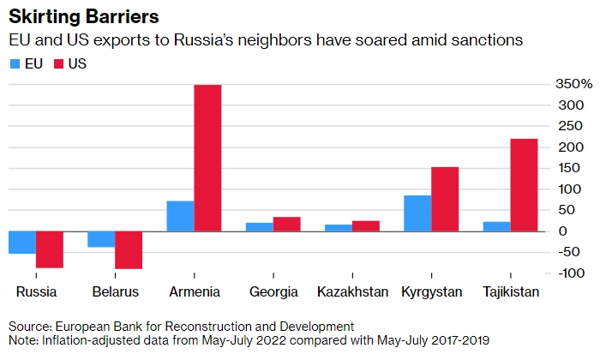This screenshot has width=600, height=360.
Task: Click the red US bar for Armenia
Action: tap(207, 158)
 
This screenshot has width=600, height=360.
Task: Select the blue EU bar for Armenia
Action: tap(180, 216)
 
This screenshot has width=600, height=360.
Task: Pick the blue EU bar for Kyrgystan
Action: tap(417, 213)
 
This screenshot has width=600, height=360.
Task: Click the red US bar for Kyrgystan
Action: tap(445, 199)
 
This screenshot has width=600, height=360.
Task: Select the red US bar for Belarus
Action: tap(129, 249)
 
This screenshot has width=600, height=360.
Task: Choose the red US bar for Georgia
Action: tap(286, 224)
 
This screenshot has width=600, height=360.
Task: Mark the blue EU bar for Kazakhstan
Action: tap(339, 227)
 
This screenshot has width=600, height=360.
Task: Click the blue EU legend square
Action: tap(15, 63)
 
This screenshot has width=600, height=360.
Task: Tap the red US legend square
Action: tap(59, 63)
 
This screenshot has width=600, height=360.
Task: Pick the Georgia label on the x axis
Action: tap(274, 292)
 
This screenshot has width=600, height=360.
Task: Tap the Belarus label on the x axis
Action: tap(116, 292)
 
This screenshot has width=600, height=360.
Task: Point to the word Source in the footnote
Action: tap(30, 327)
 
